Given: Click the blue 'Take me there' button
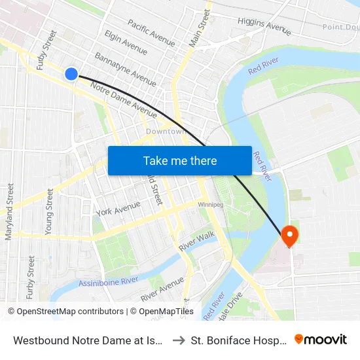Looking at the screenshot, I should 179,160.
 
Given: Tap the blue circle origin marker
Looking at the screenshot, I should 71,74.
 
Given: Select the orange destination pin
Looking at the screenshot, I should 289,236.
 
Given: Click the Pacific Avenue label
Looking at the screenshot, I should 151,32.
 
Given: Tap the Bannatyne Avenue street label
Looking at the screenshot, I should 125,69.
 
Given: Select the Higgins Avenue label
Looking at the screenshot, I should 264,26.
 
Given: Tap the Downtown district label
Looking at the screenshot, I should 167,132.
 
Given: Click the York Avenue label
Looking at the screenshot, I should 118,209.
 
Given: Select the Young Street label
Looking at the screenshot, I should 49,211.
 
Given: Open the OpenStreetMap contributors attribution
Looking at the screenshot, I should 67,312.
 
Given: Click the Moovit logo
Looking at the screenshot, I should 320,340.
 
